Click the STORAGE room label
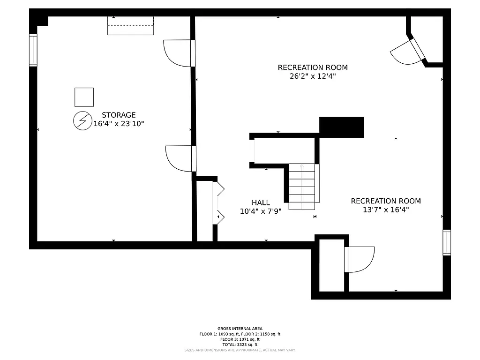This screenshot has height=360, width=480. pyautogui.click(x=119, y=115)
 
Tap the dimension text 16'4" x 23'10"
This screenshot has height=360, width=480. pyautogui.click(x=119, y=124)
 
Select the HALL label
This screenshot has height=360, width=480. pyautogui.click(x=261, y=202)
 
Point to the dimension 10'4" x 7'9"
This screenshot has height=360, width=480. pyautogui.click(x=261, y=211)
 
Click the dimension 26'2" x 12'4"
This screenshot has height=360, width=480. pyautogui.click(x=313, y=76)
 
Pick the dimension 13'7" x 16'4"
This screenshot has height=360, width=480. pyautogui.click(x=386, y=210)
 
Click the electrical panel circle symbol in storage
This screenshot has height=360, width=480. pyautogui.click(x=82, y=121)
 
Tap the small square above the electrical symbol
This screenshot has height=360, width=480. pyautogui.click(x=84, y=97)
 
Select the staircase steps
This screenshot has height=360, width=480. pyautogui.click(x=301, y=187)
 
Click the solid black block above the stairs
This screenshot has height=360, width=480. pyautogui.click(x=341, y=127)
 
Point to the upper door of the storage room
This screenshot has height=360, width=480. pyautogui.click(x=179, y=53)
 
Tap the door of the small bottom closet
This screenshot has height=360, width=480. pyautogui.click(x=360, y=259)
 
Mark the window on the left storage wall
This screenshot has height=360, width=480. pyautogui.click(x=33, y=50)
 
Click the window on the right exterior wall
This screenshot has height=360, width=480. pyautogui.click(x=447, y=242)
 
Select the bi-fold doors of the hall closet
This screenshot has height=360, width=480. pyautogui.click(x=219, y=202)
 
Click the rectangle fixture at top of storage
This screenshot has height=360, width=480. pyautogui.click(x=130, y=25)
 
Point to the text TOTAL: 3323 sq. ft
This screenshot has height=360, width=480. pyautogui.click(x=240, y=345)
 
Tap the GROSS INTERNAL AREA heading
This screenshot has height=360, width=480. pyautogui.click(x=240, y=329)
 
